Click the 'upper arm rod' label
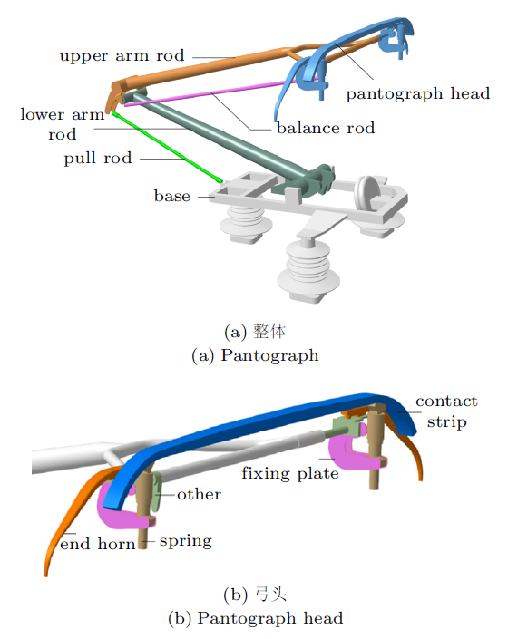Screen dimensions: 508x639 122,56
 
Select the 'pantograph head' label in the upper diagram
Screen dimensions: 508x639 418,93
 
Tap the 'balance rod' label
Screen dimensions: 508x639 326,128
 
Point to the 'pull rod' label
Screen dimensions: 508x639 98,158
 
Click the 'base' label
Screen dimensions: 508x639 172,196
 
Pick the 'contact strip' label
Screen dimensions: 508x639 446,411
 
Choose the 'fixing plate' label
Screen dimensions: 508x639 290,473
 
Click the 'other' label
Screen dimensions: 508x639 199,494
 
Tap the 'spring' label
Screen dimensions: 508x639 185,541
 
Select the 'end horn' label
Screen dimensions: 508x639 97,544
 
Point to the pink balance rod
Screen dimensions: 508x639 220,92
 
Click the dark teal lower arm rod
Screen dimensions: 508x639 229,139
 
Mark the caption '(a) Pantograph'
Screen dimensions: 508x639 255,355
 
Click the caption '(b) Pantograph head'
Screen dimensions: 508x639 255,618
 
